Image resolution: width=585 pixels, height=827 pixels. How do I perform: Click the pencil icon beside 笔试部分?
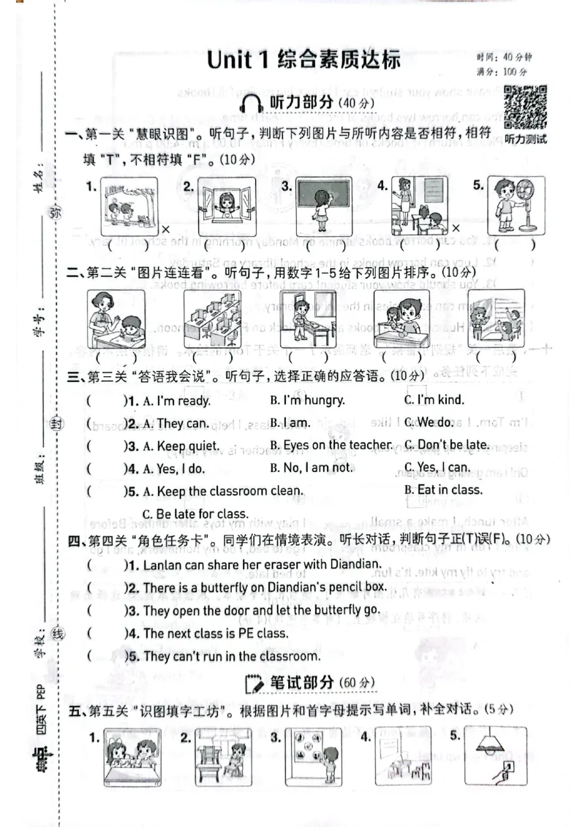pyautogui.click(x=254, y=684)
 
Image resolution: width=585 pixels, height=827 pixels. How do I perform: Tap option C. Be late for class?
pyautogui.click(x=195, y=513)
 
